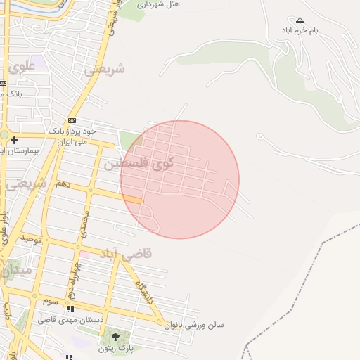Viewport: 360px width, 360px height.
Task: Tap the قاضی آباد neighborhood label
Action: point(127,253)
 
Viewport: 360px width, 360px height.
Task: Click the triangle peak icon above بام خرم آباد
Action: point(300,20)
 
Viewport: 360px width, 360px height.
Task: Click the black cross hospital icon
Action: point(15,141)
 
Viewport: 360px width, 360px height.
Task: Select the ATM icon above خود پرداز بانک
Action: point(72,121)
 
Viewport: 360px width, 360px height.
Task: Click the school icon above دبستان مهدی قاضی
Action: point(70,309)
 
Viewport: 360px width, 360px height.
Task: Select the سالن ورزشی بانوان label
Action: point(193,325)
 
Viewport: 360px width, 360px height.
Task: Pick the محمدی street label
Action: point(85,222)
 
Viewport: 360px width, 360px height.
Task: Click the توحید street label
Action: point(32,239)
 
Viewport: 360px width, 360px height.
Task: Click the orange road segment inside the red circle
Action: point(132,200)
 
